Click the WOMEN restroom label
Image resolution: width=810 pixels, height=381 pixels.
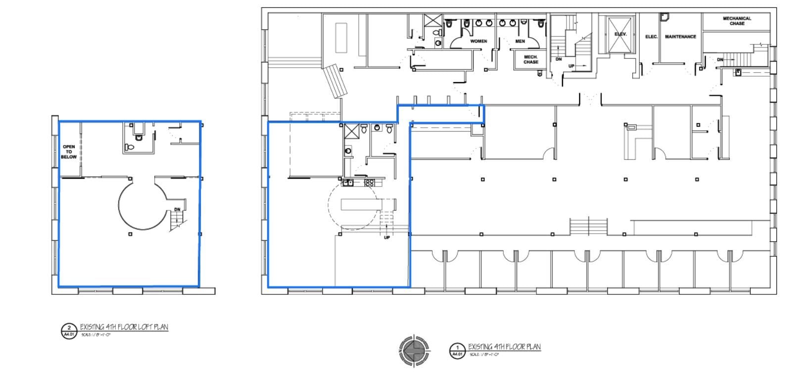478,41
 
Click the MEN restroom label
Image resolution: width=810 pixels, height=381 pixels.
520,41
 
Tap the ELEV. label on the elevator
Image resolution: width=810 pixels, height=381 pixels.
620,34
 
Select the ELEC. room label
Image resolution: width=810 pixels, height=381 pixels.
651,37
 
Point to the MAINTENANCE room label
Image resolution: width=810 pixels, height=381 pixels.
680,37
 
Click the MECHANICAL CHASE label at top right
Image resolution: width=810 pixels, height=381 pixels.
737,21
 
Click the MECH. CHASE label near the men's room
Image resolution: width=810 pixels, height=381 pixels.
530,59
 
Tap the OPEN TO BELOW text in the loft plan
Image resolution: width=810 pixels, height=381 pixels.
69,152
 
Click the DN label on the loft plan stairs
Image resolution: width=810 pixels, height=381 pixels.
177,210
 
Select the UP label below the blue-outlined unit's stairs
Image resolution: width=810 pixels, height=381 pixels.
387,238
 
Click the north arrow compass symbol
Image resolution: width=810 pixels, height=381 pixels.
415,350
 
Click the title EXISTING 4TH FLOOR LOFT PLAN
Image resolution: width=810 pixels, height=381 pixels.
124,327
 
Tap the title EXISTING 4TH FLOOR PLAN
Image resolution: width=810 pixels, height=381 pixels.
504,347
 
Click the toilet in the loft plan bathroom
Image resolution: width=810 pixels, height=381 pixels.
130,147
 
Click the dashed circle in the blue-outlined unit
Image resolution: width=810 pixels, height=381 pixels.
352,205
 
